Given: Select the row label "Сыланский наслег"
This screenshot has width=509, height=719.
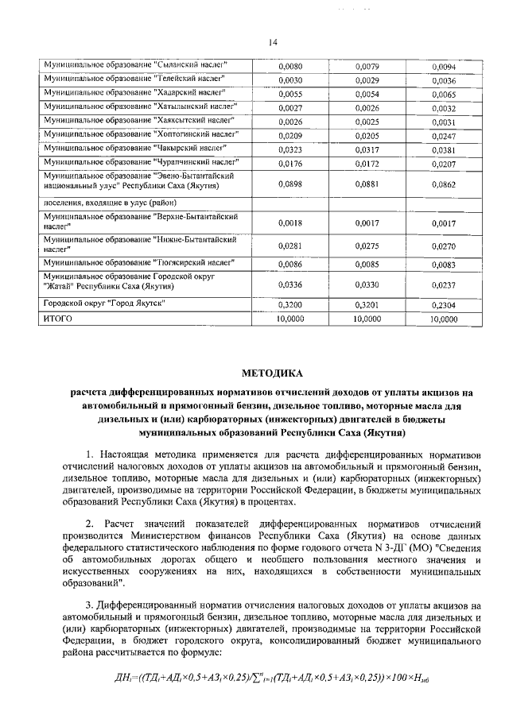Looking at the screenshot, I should pos(136,64).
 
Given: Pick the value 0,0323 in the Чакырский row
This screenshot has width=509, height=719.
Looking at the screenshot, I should pos(291,149).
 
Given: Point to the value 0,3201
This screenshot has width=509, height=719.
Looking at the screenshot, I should pos(367,304).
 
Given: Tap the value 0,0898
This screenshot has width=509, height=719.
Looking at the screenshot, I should pos(291,184).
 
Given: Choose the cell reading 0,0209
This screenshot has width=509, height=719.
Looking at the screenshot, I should pos(291,135).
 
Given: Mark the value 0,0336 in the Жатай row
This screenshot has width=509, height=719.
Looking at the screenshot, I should pos(291,283).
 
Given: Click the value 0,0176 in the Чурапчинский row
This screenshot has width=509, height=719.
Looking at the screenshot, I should pos(291,164).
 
